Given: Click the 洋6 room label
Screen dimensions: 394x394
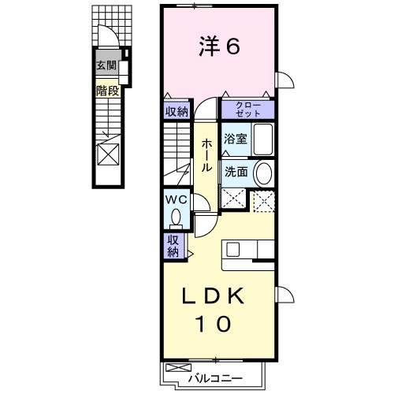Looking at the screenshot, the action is [219, 46].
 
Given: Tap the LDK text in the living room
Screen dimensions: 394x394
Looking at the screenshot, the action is [214, 296].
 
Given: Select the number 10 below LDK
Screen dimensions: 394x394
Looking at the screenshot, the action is [213, 323].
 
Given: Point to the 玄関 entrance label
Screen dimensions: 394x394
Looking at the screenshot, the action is [106, 65].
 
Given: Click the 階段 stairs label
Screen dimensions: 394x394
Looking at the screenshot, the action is [108, 91].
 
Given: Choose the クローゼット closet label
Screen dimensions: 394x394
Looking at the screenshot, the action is [248, 110].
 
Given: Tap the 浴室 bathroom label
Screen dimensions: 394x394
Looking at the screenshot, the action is [236, 139].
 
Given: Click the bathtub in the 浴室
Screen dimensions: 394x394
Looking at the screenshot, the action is [262, 139].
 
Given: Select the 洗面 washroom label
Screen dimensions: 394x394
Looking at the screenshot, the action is [236, 172].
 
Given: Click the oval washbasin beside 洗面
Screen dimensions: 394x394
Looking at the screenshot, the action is [264, 173].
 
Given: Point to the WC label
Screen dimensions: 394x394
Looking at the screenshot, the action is [176, 199].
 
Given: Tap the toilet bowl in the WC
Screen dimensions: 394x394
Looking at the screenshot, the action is [176, 217].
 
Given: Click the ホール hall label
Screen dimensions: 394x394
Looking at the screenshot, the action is [206, 155].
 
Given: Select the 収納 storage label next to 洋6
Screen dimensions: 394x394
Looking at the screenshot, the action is [177, 112].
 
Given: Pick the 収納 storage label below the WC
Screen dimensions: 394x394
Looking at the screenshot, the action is [173, 246].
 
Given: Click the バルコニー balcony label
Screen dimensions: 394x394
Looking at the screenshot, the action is [215, 378].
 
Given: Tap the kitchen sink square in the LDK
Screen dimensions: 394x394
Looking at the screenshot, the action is [233, 248].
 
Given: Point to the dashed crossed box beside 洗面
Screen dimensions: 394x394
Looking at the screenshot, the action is [264, 201].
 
